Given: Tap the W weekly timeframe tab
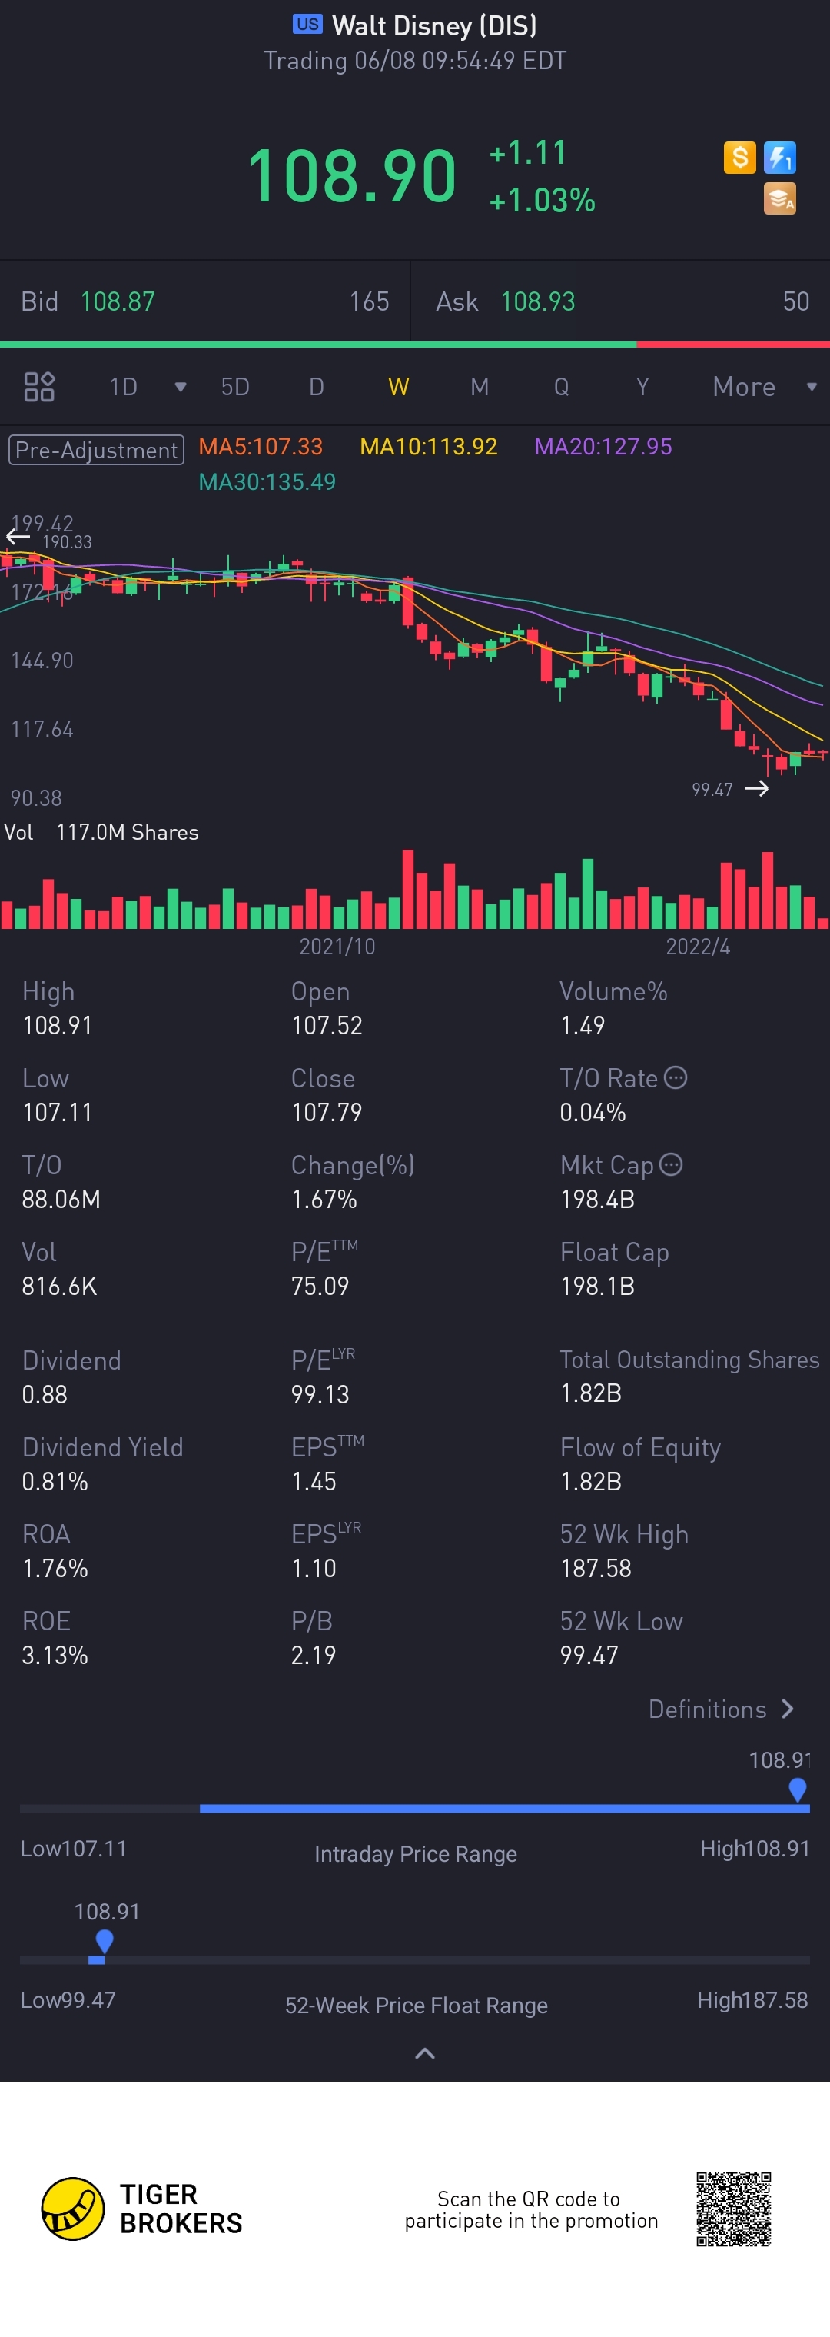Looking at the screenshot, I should coord(398,388).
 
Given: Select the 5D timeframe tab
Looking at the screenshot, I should coord(235,388).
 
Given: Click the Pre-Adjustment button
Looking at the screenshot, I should coord(96,450).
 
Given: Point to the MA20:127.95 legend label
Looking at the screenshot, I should coord(603,446).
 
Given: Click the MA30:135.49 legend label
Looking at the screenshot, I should coord(267,481).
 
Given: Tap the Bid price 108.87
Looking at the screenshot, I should coord(118,301).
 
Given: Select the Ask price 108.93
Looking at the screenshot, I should coord(538,301).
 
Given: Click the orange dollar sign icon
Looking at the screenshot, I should coord(739,158).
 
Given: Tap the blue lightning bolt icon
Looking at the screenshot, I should coord(779,158).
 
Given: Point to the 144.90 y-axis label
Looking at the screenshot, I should coord(41,661).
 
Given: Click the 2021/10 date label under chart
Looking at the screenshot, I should coord(337,946).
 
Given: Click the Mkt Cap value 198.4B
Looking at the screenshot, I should coord(597,1200).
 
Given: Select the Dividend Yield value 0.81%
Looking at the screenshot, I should coord(55,1482).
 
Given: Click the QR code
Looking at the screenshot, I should coord(733,2209).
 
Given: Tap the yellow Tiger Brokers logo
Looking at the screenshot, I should coord(72,2209).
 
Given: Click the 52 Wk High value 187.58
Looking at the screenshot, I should coord(595,1569).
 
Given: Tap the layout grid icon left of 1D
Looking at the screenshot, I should coord(39,388).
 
